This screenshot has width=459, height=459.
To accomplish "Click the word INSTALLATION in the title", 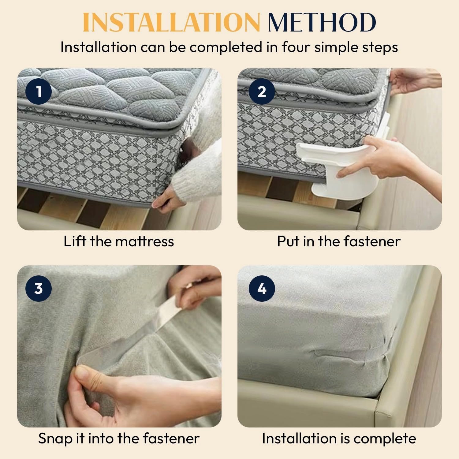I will tap(171, 22).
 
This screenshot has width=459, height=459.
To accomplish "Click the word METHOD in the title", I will tap(322, 22).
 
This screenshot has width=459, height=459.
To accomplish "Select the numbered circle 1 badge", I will tap(39, 91).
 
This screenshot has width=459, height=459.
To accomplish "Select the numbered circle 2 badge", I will tap(262, 91).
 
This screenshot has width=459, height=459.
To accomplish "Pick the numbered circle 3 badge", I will tap(39, 288).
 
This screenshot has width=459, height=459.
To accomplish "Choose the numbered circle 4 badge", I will tap(262, 288).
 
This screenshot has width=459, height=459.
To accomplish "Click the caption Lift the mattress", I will tap(119, 241).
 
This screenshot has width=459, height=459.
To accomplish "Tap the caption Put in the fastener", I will tap(339, 241).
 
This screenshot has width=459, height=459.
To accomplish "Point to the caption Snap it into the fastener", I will tap(119, 438).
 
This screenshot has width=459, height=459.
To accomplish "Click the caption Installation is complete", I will tap(339, 438).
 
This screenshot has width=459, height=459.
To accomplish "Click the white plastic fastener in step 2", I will tap(334, 171).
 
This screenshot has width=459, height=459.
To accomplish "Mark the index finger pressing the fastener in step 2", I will tap(352, 170).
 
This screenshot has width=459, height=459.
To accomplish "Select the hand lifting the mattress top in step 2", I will tap(413, 81).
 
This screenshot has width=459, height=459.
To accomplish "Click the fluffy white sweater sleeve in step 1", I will tap(199, 168).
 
